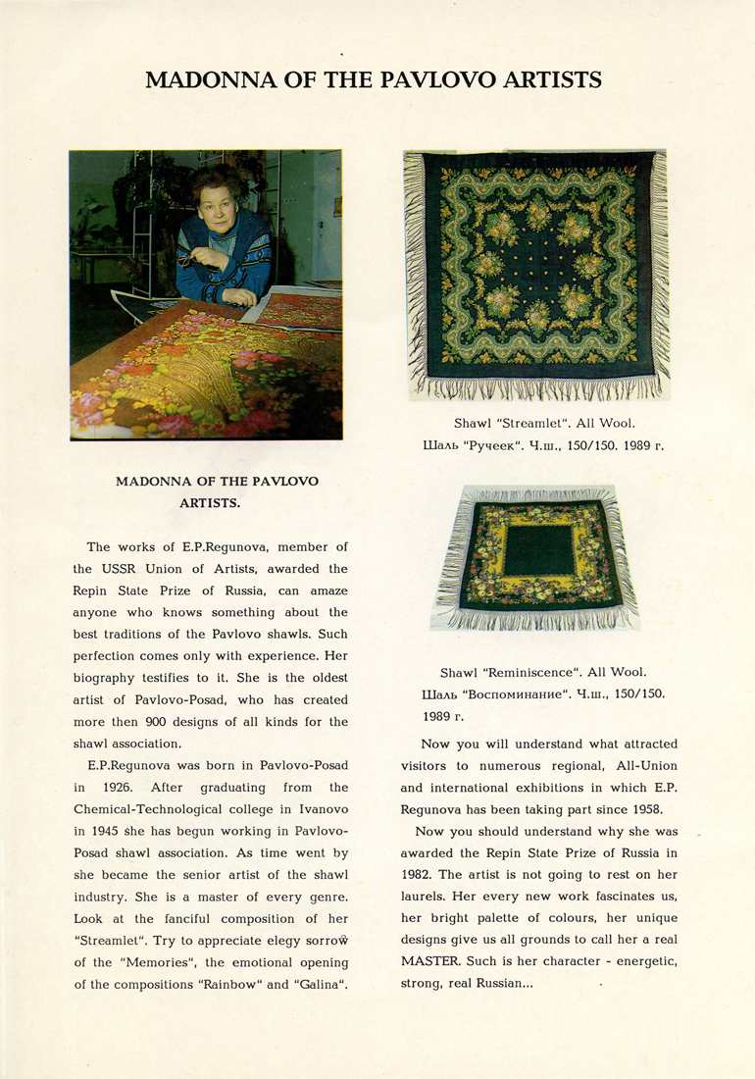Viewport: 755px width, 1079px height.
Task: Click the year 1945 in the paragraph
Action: tap(93, 831)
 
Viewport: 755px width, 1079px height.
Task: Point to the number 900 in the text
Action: tap(154, 721)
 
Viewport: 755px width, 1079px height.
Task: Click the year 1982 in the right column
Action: tap(420, 874)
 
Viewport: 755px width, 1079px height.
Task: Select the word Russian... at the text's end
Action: tap(502, 984)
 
